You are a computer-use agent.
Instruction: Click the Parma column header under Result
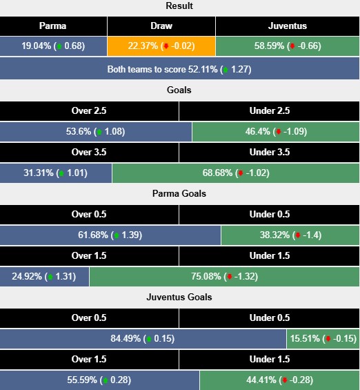(53, 26)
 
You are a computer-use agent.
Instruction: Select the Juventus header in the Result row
(288, 26)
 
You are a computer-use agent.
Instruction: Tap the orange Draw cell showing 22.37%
(161, 46)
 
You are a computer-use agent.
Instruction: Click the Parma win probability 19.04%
(53, 46)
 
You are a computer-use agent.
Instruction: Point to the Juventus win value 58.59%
(288, 46)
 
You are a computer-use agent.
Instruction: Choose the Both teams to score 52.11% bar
(179, 69)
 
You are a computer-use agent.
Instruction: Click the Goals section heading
(179, 90)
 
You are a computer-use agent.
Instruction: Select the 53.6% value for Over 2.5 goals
(96, 131)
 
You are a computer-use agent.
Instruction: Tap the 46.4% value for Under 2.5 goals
(276, 131)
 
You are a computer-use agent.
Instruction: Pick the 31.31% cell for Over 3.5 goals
(56, 173)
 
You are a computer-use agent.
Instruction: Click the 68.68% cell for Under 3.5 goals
(235, 173)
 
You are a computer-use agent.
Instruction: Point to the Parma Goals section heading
(179, 193)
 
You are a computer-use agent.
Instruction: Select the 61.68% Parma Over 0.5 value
(110, 235)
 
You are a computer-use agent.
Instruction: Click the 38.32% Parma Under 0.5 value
(290, 235)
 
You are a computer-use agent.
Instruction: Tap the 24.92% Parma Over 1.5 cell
(45, 277)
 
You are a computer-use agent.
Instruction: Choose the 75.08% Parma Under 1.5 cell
(224, 277)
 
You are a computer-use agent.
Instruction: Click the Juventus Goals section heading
(179, 297)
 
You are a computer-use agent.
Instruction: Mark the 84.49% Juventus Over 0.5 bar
(143, 339)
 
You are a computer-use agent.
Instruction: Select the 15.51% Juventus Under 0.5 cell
(323, 339)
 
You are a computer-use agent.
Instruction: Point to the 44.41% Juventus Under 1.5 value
(279, 380)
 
